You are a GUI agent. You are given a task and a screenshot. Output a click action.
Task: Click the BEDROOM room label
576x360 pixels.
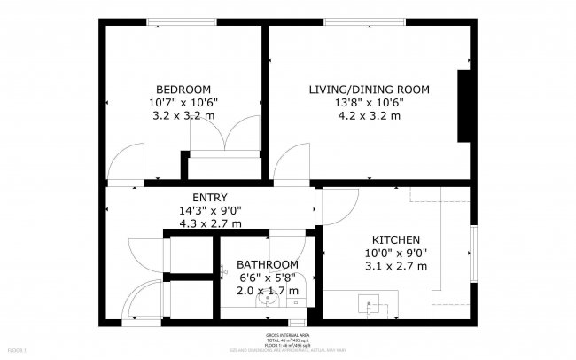point(183,89)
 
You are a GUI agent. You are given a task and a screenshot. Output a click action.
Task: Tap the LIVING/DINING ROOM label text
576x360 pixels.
point(369,89)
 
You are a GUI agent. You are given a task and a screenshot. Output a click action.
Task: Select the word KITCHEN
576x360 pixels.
point(395,240)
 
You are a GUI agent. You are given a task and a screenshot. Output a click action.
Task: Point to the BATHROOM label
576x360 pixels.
point(267,264)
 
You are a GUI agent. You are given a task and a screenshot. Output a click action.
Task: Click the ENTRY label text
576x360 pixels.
point(210,197)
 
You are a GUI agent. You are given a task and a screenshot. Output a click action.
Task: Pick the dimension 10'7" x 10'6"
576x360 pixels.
point(185,102)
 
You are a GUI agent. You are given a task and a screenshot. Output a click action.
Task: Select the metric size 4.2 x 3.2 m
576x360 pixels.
point(369,115)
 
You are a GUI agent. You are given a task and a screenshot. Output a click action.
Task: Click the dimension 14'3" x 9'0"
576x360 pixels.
point(210,210)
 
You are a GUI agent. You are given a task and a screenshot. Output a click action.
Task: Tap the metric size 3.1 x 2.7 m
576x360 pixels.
point(395,266)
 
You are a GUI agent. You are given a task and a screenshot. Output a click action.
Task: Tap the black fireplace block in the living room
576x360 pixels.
point(463,105)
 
